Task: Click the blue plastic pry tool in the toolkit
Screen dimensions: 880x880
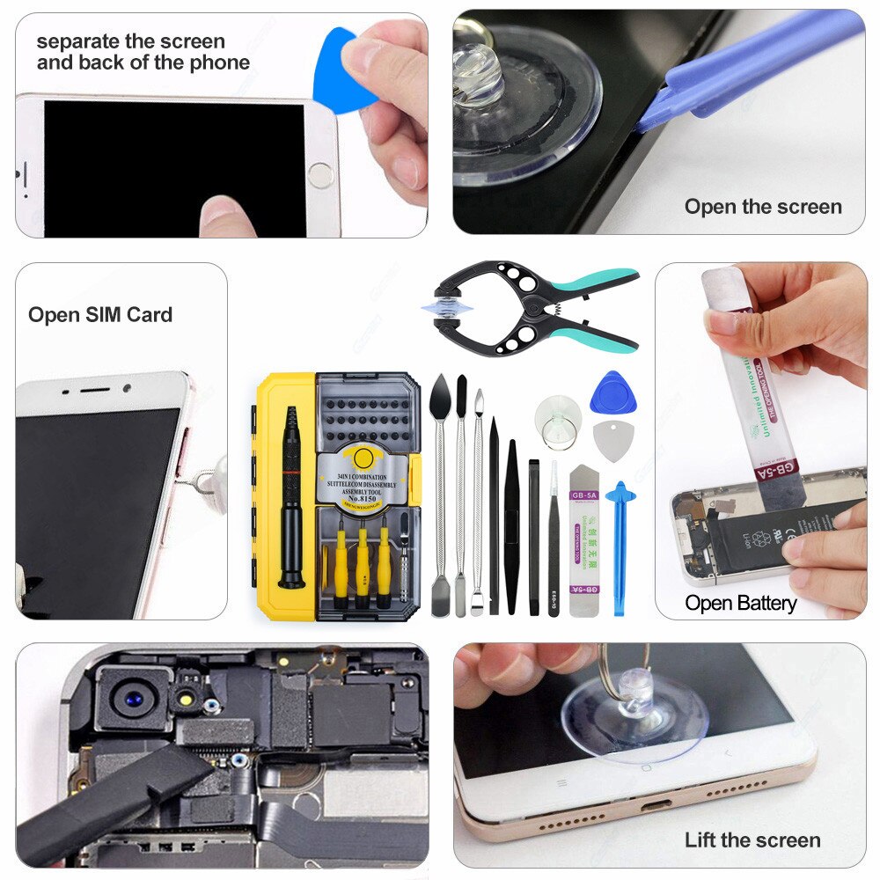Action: click(x=620, y=546)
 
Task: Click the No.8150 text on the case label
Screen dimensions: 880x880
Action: click(x=361, y=499)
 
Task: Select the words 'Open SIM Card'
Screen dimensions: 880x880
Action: click(x=99, y=315)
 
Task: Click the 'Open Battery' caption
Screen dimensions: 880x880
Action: click(x=740, y=604)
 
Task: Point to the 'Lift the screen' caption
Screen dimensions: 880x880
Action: click(x=752, y=840)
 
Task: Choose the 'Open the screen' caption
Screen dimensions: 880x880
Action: click(x=763, y=207)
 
